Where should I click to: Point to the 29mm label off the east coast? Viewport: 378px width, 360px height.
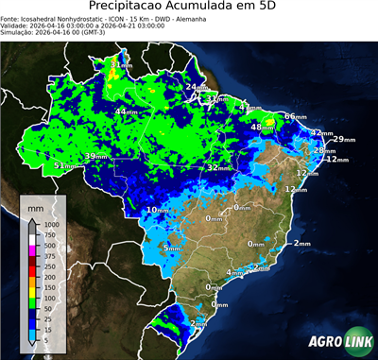pos(343,140)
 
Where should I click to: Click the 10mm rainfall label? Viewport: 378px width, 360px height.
pos(157,209)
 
